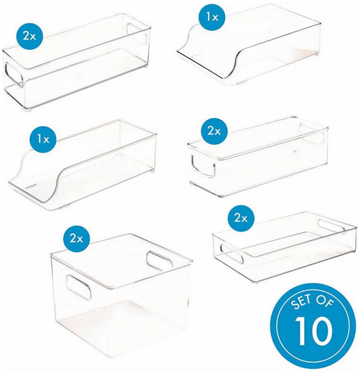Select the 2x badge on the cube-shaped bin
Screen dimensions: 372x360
click(76, 238)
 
